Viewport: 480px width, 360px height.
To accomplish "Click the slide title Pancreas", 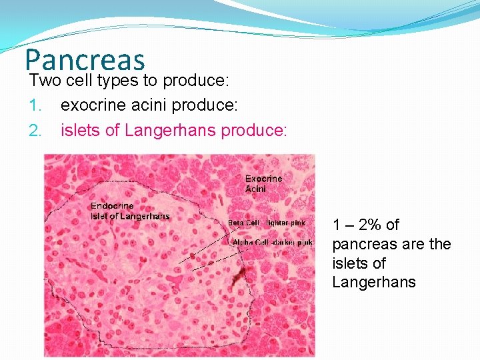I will click(x=85, y=59).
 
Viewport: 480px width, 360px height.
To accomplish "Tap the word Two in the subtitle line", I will click(x=43, y=81).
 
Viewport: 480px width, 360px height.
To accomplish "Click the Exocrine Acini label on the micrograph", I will click(x=263, y=183).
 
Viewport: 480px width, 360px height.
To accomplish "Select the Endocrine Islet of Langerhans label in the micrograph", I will click(x=130, y=211).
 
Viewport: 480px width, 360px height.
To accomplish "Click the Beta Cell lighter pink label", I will click(x=267, y=223).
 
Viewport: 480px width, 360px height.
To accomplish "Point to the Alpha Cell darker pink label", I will click(x=272, y=242).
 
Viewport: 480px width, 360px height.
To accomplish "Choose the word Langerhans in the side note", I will click(x=373, y=282).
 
